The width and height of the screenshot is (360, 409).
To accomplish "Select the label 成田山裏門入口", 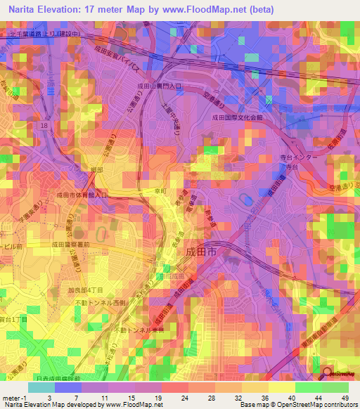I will [159, 85].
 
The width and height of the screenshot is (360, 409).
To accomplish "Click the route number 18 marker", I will [44, 124].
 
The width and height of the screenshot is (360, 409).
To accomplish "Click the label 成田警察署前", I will [70, 245].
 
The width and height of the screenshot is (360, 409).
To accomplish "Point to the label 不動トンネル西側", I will [101, 302].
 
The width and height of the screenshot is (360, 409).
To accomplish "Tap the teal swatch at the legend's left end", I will [41, 387].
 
